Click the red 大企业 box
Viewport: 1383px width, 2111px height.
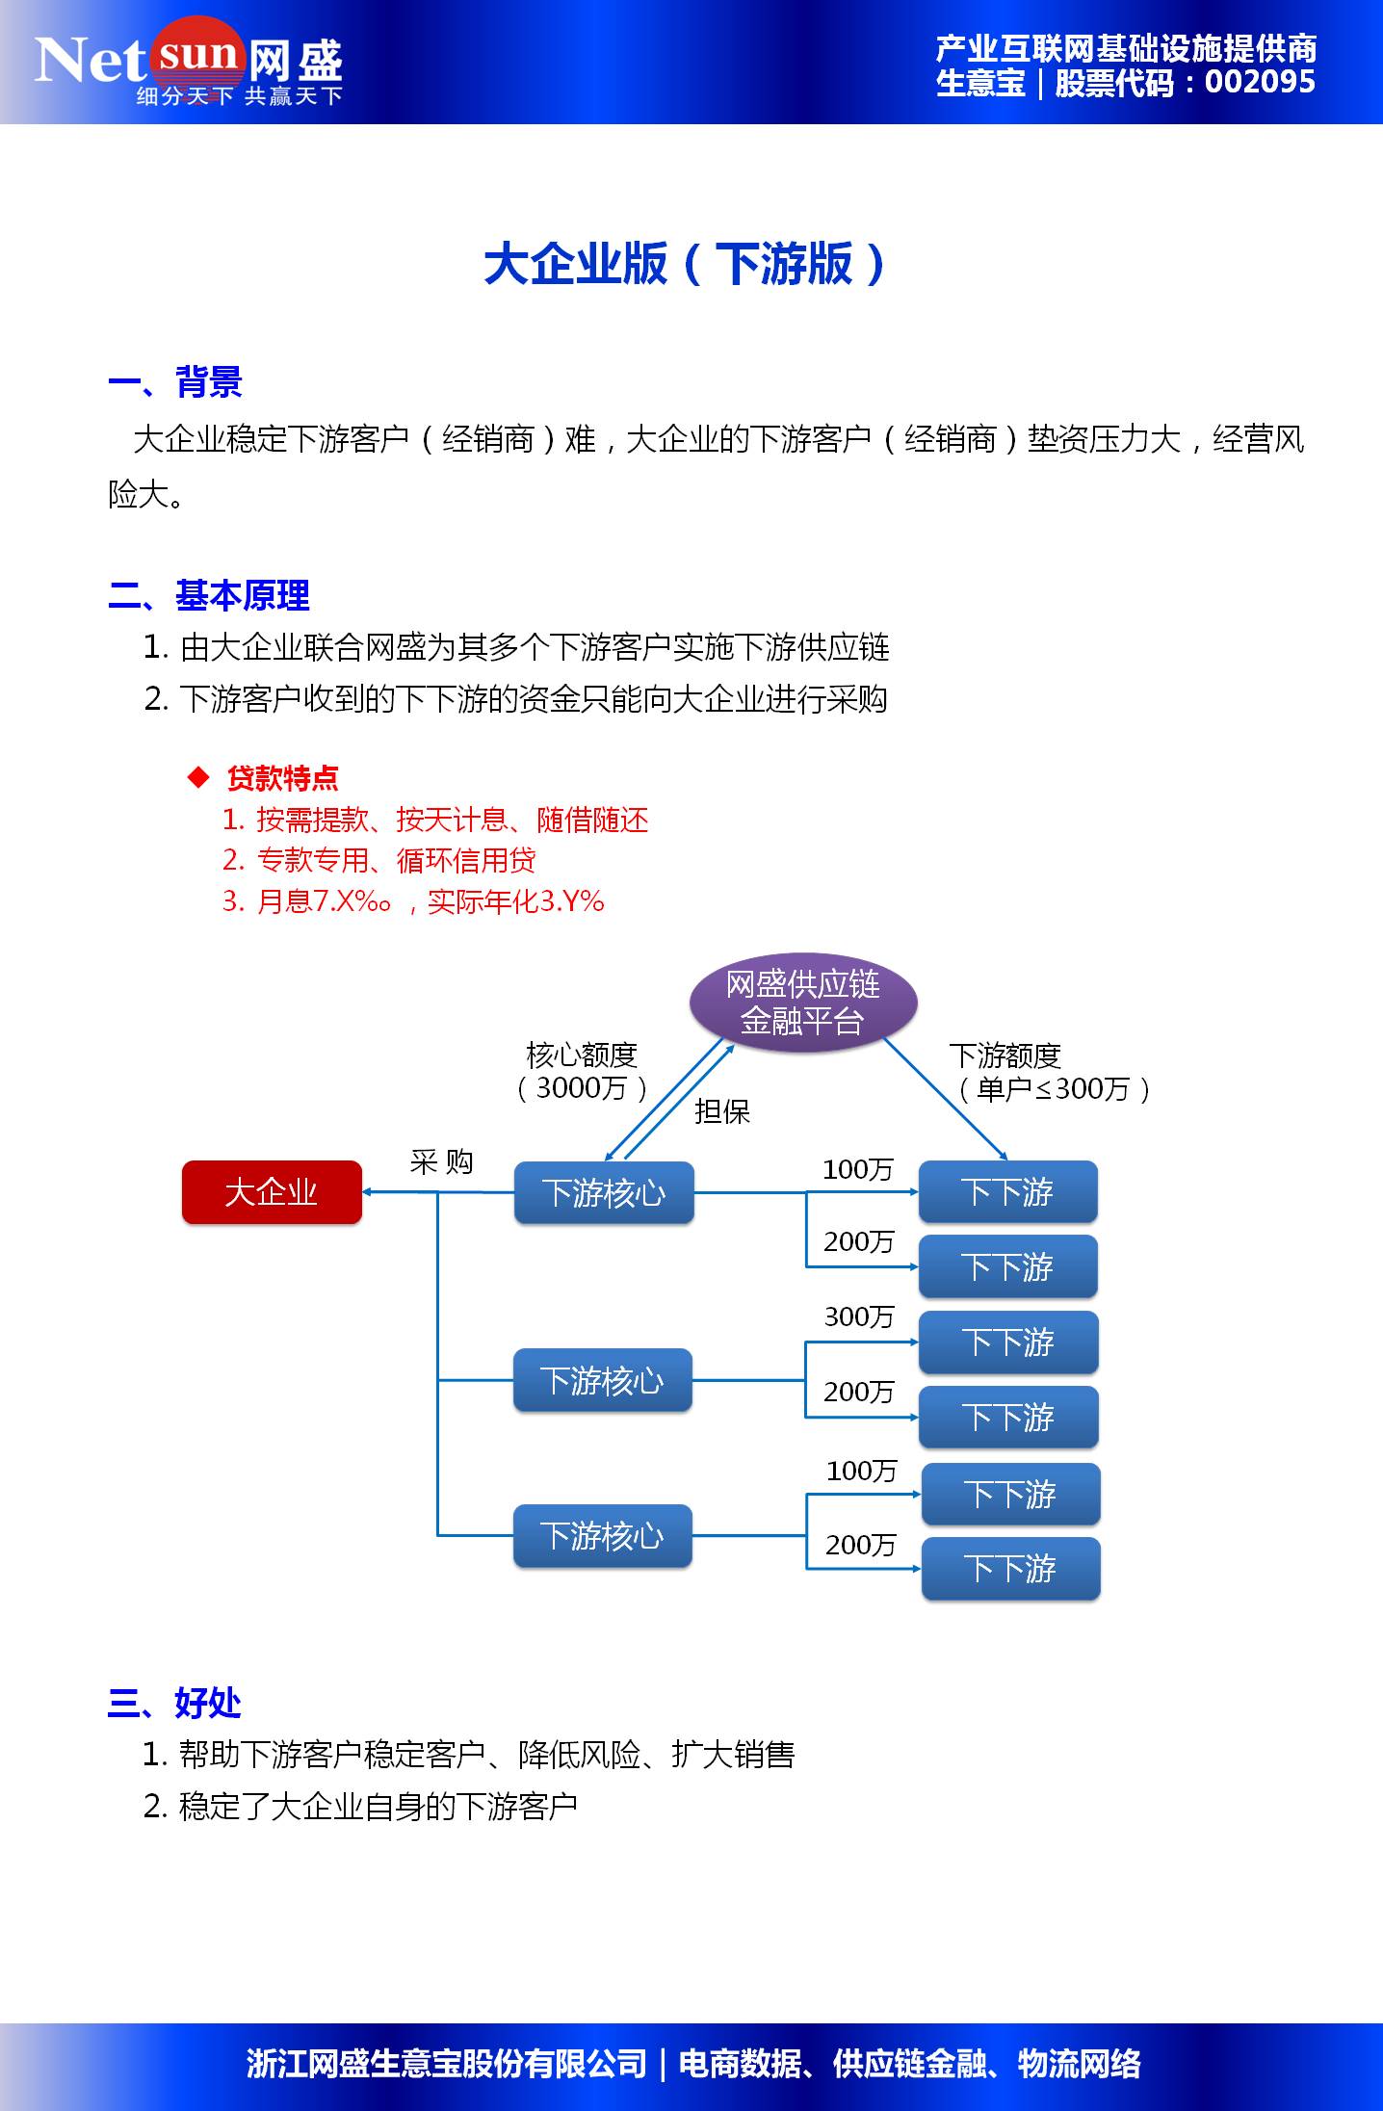click(x=272, y=1192)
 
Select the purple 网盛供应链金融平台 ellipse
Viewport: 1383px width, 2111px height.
click(x=803, y=1003)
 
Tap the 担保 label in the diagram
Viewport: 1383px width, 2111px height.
click(x=721, y=1111)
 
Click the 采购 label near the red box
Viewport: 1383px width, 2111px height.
click(x=441, y=1162)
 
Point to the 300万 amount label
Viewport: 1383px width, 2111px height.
click(x=859, y=1316)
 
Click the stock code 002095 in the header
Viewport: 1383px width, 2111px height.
click(x=1260, y=83)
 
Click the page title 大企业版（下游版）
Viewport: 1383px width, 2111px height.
click(x=685, y=264)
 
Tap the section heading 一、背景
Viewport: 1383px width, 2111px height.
click(x=174, y=382)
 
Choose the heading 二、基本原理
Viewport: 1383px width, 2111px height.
click(x=209, y=595)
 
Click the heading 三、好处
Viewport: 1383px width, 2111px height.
click(x=174, y=1703)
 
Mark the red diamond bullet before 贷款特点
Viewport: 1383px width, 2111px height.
click(x=198, y=777)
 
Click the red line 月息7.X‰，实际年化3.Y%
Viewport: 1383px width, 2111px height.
click(x=413, y=901)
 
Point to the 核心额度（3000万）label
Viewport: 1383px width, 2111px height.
click(x=582, y=1072)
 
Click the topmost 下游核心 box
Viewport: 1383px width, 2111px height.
click(x=604, y=1192)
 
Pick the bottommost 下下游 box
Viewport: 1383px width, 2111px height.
click(x=1010, y=1569)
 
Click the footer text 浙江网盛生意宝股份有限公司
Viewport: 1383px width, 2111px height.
click(x=446, y=2064)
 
